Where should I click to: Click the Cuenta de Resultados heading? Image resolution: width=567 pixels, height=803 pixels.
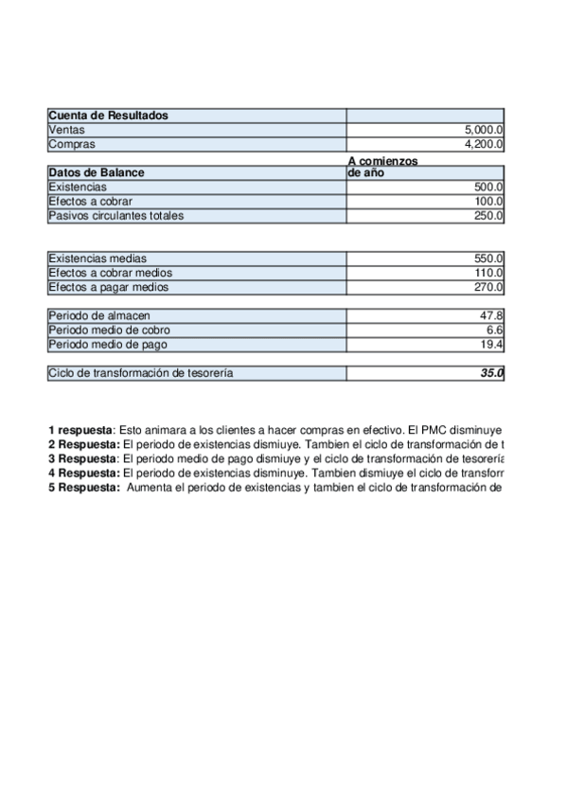pyautogui.click(x=108, y=116)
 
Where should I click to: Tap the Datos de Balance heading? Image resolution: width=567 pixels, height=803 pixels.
pyautogui.click(x=97, y=173)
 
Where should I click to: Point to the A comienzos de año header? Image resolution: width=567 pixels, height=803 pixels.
pyautogui.click(x=382, y=168)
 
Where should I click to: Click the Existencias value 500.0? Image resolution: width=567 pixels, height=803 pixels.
pyautogui.click(x=488, y=187)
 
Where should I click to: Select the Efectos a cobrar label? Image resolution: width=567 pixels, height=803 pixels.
pyautogui.click(x=90, y=202)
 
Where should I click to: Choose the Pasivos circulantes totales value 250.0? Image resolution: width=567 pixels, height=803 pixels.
pyautogui.click(x=488, y=216)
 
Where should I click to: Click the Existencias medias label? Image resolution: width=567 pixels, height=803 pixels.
pyautogui.click(x=97, y=259)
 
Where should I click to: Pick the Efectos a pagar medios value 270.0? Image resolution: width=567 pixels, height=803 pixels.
pyautogui.click(x=488, y=287)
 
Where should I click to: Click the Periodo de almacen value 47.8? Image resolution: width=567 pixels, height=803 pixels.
pyautogui.click(x=493, y=315)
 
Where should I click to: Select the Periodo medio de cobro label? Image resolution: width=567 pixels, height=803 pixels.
pyautogui.click(x=111, y=330)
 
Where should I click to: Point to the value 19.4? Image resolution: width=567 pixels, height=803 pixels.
pyautogui.click(x=493, y=344)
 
